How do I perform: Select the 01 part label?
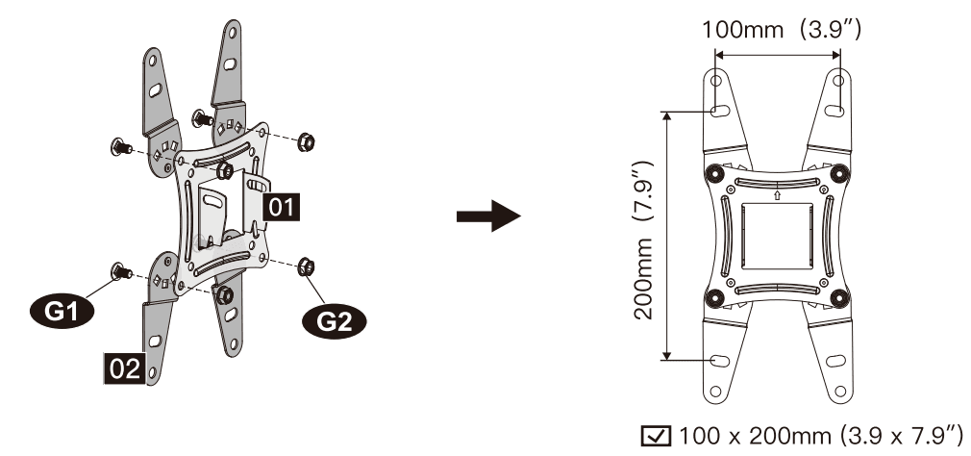(x=281, y=205)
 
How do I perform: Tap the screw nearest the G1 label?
(x=120, y=271)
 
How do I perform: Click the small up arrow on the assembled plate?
(x=775, y=196)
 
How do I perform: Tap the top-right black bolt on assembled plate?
(x=838, y=173)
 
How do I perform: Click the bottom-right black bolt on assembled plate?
(x=838, y=296)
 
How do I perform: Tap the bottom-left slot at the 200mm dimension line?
(x=717, y=360)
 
